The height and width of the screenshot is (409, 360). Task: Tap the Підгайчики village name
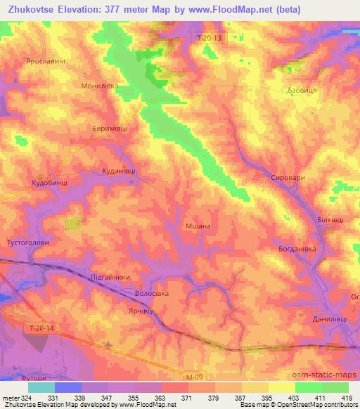(111, 278)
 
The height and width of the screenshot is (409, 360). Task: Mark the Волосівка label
(151, 294)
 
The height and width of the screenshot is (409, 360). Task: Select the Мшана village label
(198, 226)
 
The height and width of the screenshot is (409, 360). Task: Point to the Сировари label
(288, 178)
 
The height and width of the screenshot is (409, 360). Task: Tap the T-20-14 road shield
(44, 328)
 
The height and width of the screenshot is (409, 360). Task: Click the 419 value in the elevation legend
(347, 398)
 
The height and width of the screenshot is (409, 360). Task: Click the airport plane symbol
(109, 345)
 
